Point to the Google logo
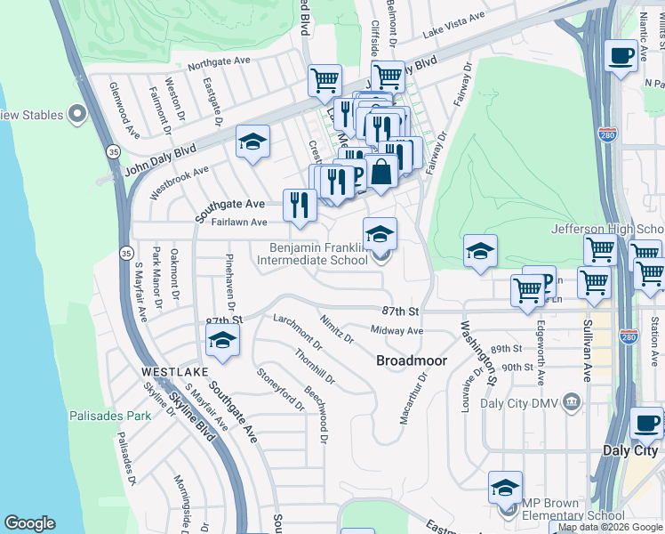(29, 523)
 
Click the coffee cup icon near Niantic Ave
(621, 55)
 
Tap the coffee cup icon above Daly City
(646, 423)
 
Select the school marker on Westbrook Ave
(252, 142)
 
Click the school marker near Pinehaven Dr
(222, 339)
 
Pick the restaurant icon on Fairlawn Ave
(300, 206)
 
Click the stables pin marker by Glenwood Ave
(77, 114)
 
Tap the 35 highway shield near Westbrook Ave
(113, 152)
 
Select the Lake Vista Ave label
(453, 24)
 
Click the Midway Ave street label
(397, 331)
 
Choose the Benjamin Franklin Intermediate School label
(312, 254)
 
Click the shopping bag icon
(381, 171)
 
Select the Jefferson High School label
(607, 229)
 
